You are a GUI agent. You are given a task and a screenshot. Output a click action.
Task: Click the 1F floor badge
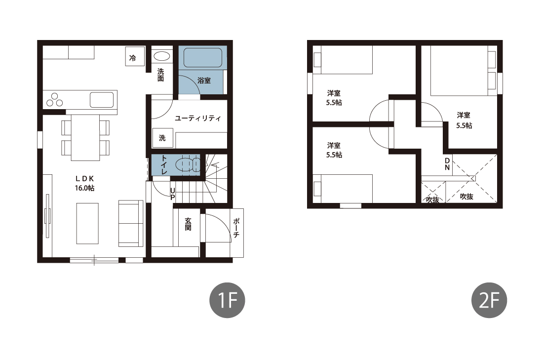click(x=227, y=300)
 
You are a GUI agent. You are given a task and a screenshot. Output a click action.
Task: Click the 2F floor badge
click(x=489, y=300)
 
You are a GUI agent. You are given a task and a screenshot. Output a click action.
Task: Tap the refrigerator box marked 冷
click(x=135, y=56)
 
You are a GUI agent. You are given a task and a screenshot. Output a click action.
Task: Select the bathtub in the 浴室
click(x=202, y=57)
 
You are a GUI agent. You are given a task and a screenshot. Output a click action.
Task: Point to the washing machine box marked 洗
click(x=162, y=138)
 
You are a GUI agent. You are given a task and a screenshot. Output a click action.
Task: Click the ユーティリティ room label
click(x=198, y=119)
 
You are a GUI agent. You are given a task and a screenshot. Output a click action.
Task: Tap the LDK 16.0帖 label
click(x=85, y=183)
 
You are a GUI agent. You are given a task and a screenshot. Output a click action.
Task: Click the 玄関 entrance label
click(x=188, y=224)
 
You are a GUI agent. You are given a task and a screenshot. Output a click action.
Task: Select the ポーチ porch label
click(x=236, y=227)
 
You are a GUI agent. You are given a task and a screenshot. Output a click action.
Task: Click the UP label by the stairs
click(x=172, y=194)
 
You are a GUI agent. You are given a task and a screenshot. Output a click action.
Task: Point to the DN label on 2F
click(x=447, y=164)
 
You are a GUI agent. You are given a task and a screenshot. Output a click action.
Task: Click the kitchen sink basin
click(x=102, y=100)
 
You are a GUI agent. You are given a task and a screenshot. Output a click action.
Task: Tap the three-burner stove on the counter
click(x=55, y=99)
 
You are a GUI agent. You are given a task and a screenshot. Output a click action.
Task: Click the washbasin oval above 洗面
click(x=161, y=56)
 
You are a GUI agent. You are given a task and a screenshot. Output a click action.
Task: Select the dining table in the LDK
click(x=85, y=138)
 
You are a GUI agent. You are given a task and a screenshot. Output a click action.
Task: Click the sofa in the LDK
click(x=131, y=223)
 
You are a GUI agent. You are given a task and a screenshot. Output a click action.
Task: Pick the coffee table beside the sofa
click(x=87, y=224)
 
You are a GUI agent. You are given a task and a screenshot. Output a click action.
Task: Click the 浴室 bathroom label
click(x=204, y=80)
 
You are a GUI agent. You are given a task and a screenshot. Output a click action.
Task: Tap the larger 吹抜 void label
click(x=466, y=197)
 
